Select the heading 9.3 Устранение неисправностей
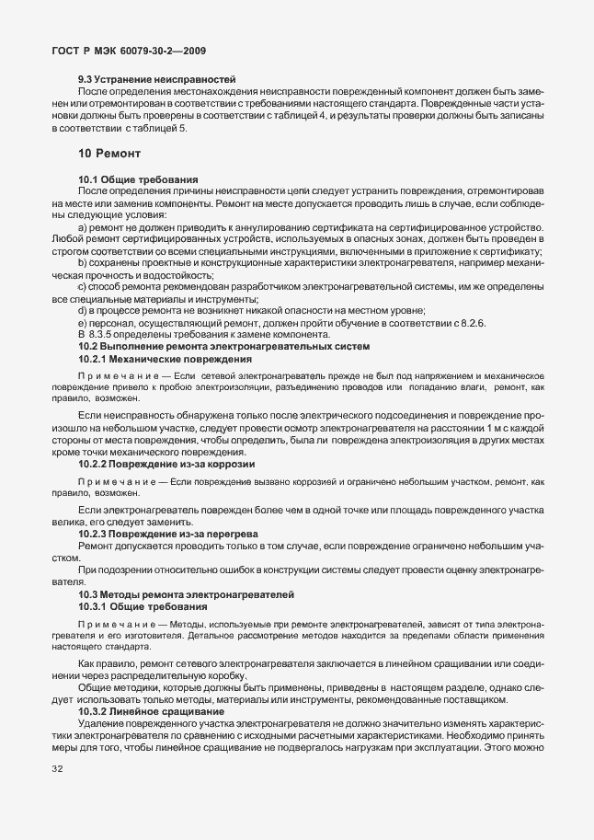click(x=157, y=80)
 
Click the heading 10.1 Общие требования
click(x=135, y=178)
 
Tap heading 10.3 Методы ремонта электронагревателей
click(x=186, y=595)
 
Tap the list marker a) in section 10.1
click(x=84, y=226)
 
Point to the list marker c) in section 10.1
click(x=84, y=288)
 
